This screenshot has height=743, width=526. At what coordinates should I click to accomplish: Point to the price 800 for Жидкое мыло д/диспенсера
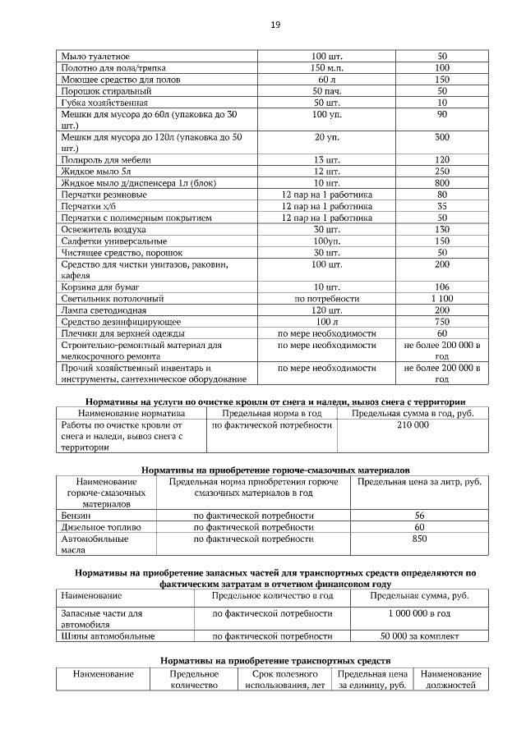[x=442, y=182]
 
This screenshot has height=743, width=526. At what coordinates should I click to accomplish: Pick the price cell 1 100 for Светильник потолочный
[x=442, y=299]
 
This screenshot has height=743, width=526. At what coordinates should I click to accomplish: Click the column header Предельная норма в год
[x=272, y=413]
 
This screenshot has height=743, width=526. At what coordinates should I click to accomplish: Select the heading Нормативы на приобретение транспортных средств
[x=275, y=660]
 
